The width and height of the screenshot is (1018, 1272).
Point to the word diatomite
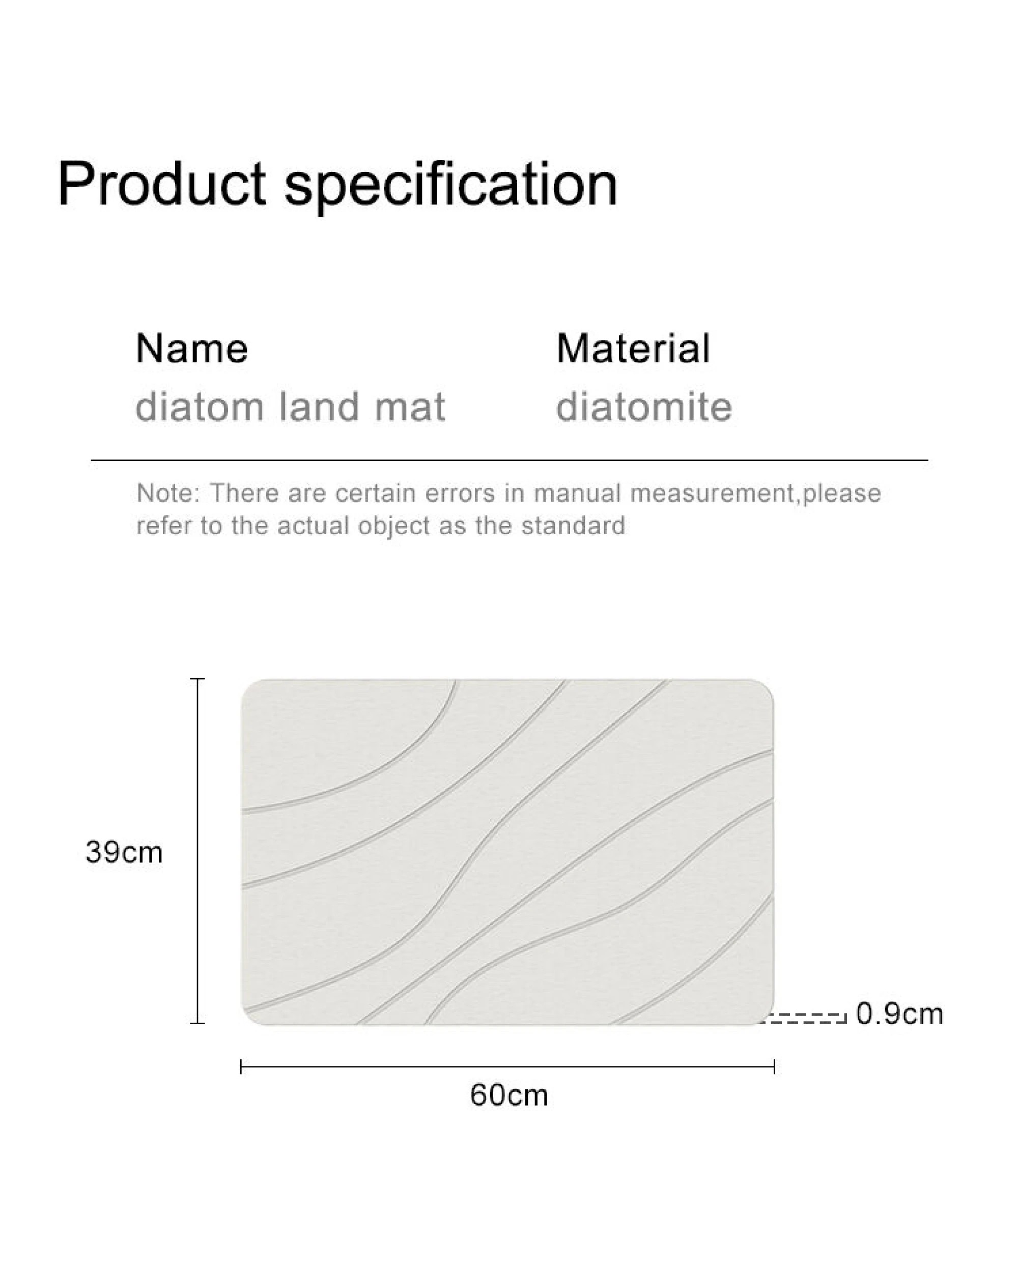pos(644,407)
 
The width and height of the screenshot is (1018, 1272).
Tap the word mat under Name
pos(410,408)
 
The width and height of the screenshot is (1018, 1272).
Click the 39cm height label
pos(124,852)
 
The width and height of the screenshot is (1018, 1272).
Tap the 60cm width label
pos(508,1095)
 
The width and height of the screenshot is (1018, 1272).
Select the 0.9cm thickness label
pos(899,1014)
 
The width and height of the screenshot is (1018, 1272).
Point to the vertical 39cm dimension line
pos(197,851)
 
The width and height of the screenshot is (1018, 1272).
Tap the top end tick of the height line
pos(197,679)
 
